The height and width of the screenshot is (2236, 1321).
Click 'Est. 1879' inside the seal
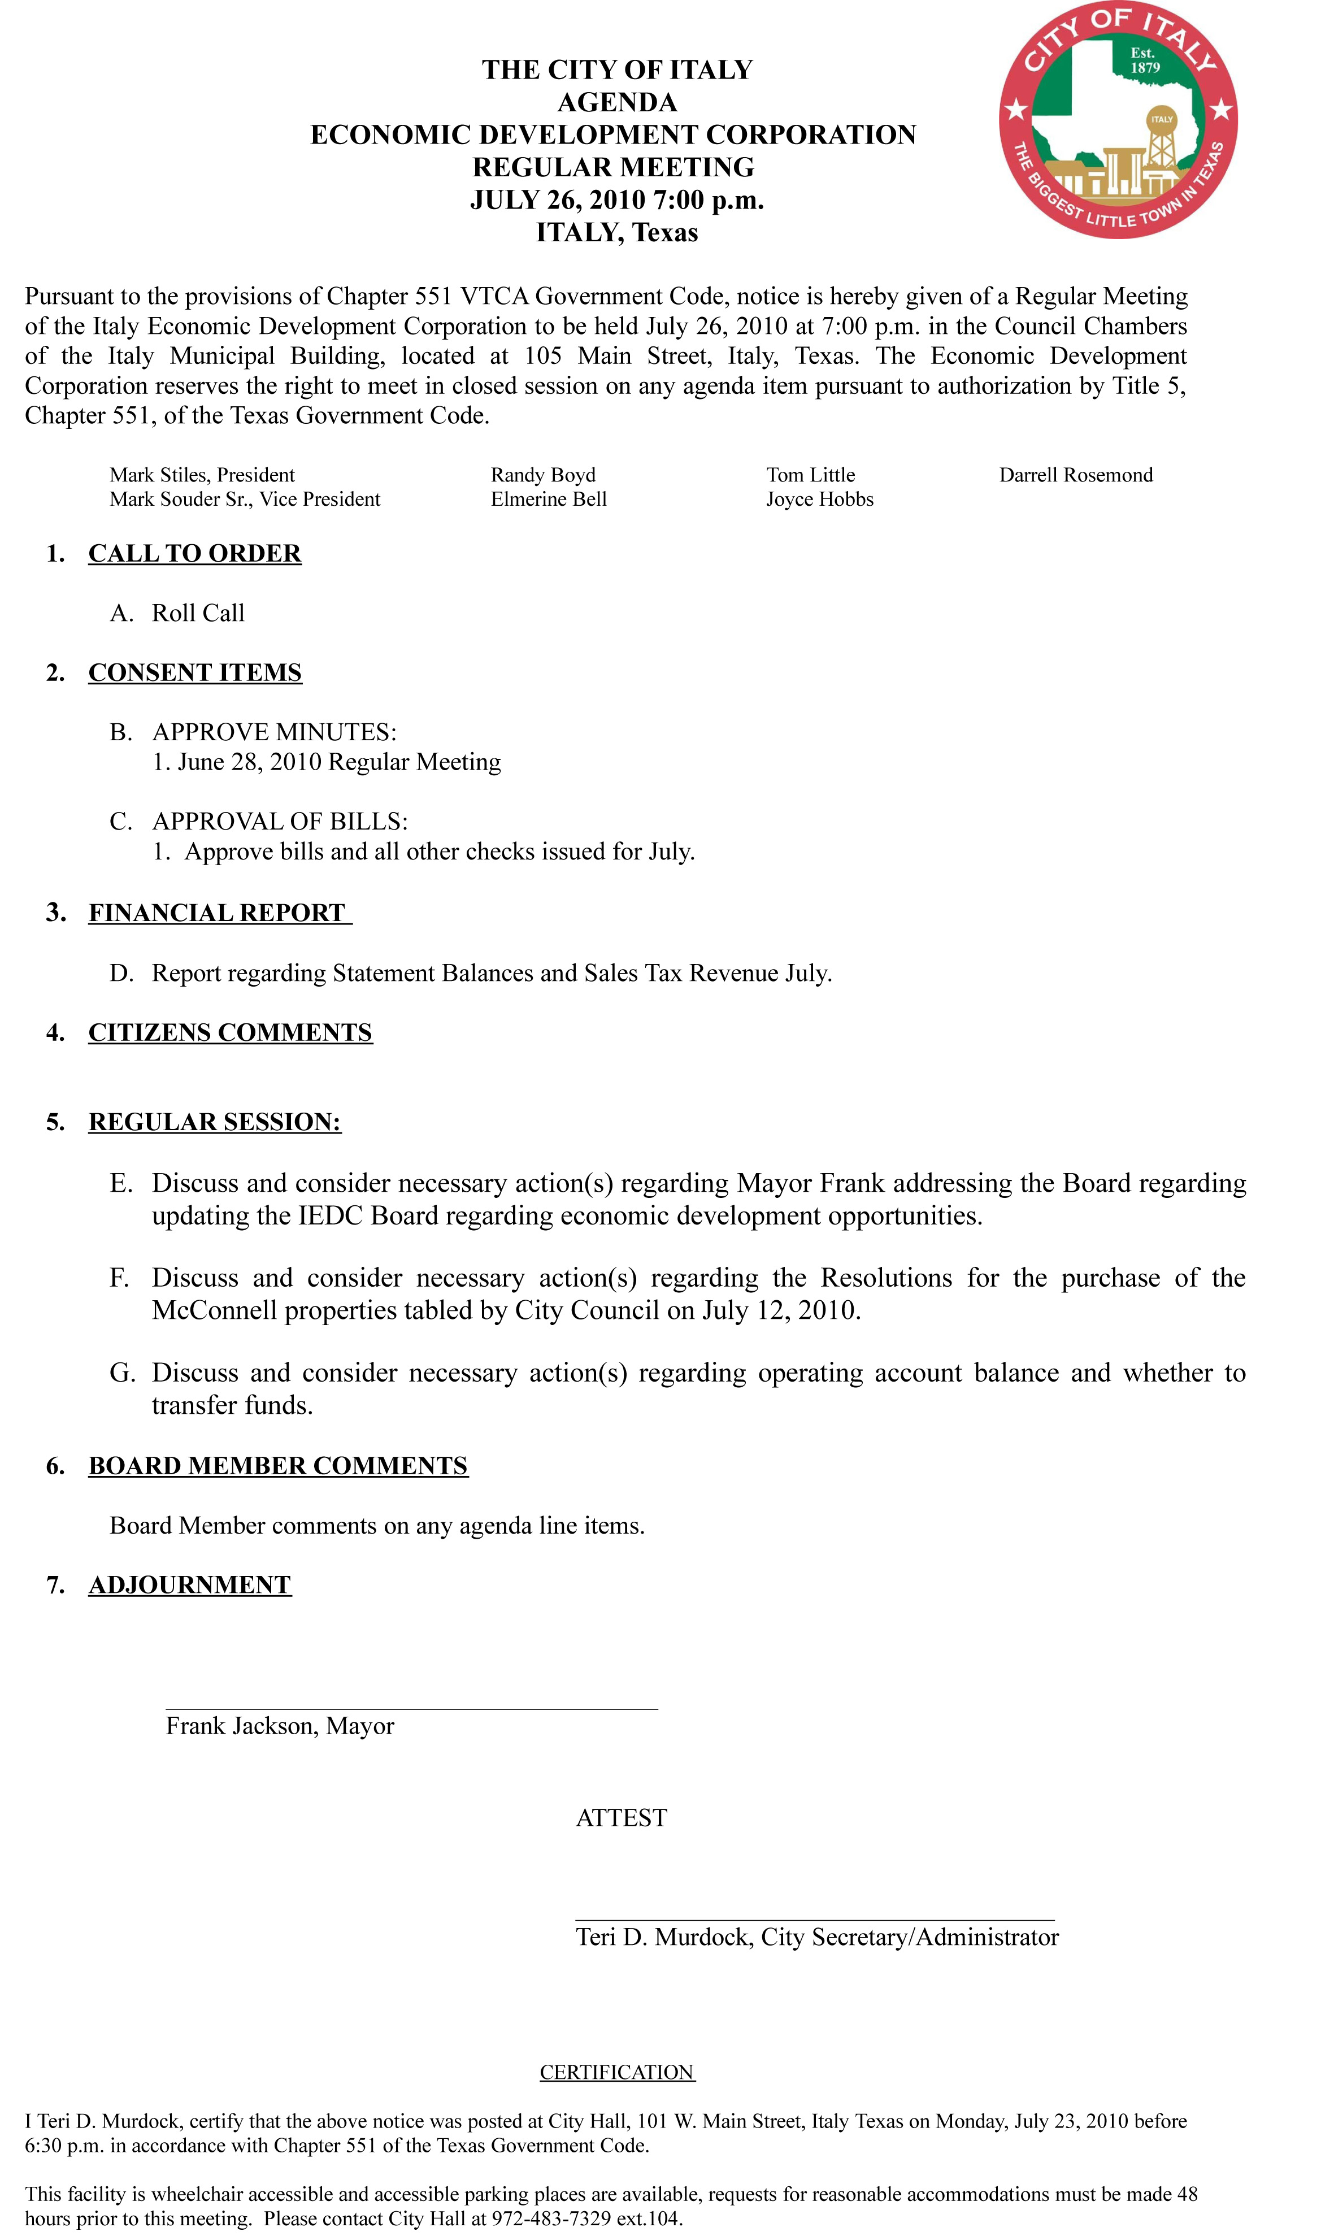1145,60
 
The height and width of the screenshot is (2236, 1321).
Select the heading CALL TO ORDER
195,554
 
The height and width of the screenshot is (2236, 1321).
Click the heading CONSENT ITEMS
195,673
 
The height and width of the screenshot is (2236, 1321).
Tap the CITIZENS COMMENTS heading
231,1032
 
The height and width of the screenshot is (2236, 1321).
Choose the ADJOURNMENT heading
190,1586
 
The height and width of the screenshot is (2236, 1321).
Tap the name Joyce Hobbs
820,500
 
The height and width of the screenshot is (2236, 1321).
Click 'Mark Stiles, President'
202,475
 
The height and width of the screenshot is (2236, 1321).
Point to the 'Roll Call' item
198,613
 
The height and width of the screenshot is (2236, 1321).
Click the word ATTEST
622,1818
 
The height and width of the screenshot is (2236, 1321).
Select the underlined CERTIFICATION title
617,2072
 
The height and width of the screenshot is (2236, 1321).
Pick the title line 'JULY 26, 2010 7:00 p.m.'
617,200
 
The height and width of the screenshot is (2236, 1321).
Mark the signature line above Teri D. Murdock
815,1921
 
